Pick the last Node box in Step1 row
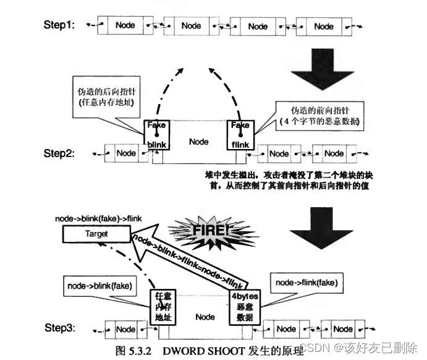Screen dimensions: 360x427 click(323, 26)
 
